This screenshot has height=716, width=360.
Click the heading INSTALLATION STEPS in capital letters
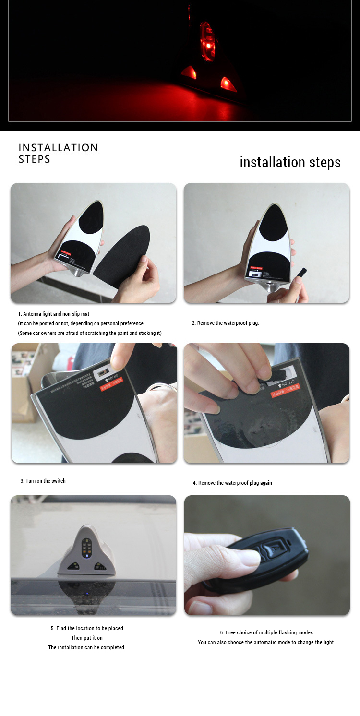tap(58, 153)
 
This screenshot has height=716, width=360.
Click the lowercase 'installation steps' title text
tap(290, 162)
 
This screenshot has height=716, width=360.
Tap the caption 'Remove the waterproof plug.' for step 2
tap(226, 323)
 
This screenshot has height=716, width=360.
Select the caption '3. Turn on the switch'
tap(43, 481)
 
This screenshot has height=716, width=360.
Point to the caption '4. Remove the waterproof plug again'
tap(232, 483)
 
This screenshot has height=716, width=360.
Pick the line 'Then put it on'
tap(87, 638)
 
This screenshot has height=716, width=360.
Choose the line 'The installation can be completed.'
tap(87, 647)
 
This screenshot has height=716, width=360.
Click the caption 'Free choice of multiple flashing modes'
tap(266, 632)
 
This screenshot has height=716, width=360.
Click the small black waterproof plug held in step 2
tap(302, 273)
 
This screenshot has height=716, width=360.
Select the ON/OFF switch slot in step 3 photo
tap(102, 372)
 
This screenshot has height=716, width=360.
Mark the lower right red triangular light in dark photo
tap(228, 84)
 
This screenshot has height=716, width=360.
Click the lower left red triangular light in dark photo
tap(189, 72)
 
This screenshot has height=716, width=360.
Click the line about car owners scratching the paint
tap(90, 333)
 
